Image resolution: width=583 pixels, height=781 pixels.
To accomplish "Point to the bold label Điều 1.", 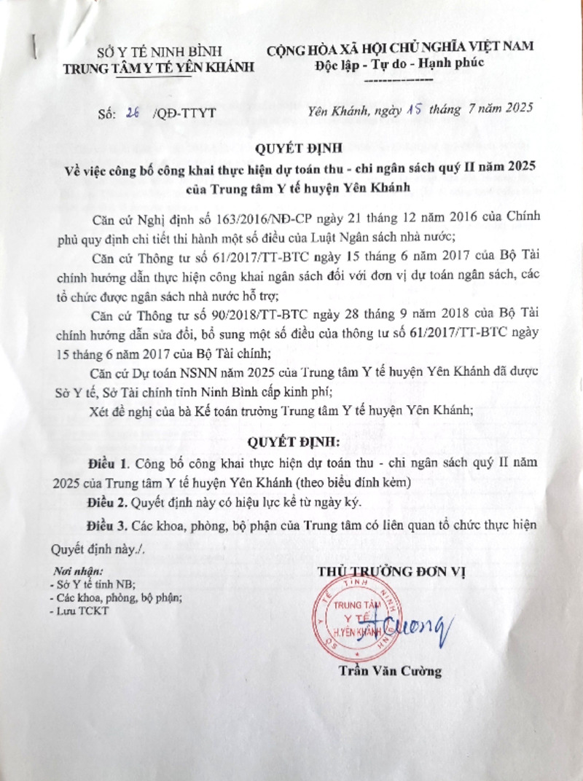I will click(108, 464).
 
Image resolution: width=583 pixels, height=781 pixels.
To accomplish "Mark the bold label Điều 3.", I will click(108, 525).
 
